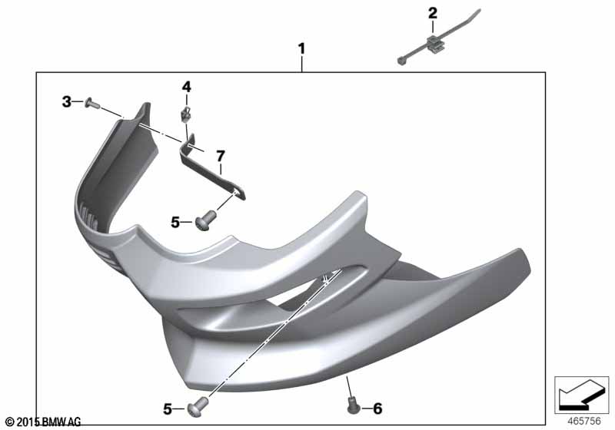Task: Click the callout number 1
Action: (x=301, y=49)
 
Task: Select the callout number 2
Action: (x=432, y=13)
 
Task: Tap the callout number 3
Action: (x=67, y=102)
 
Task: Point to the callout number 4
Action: (x=186, y=87)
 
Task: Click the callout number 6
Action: (x=377, y=408)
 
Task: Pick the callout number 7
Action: (x=221, y=156)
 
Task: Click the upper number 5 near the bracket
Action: (x=175, y=223)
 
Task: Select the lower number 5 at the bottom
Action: (x=168, y=409)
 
